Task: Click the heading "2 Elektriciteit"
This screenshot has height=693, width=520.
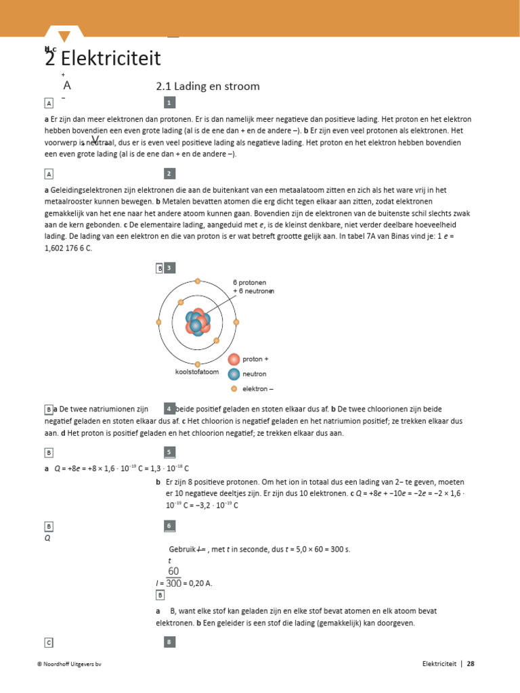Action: pyautogui.click(x=103, y=59)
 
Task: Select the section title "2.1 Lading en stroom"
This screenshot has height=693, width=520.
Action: pyautogui.click(x=208, y=87)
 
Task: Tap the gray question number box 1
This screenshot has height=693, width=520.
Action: pyautogui.click(x=170, y=102)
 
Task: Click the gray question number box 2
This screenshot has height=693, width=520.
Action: pyautogui.click(x=170, y=174)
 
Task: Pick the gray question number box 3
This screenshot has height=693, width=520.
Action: pyautogui.click(x=170, y=268)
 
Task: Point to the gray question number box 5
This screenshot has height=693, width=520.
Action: pyautogui.click(x=170, y=452)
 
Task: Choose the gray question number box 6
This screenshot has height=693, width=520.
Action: pyautogui.click(x=170, y=526)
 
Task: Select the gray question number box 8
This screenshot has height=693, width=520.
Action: pyautogui.click(x=170, y=642)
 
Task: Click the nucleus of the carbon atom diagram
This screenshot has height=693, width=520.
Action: pyautogui.click(x=197, y=322)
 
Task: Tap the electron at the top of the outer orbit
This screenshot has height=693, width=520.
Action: pyautogui.click(x=198, y=281)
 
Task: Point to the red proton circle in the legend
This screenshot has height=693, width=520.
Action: pyautogui.click(x=234, y=359)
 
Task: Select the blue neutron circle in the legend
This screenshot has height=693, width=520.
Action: pyautogui.click(x=234, y=374)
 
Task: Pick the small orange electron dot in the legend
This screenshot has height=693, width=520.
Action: pyautogui.click(x=234, y=389)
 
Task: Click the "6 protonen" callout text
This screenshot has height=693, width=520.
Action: pyautogui.click(x=250, y=282)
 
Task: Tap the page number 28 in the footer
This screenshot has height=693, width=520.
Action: pyautogui.click(x=471, y=664)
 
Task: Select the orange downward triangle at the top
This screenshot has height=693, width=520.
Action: pyautogui.click(x=64, y=37)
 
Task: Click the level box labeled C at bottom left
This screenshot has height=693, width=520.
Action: pyautogui.click(x=49, y=642)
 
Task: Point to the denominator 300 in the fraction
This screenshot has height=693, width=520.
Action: pyautogui.click(x=174, y=583)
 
